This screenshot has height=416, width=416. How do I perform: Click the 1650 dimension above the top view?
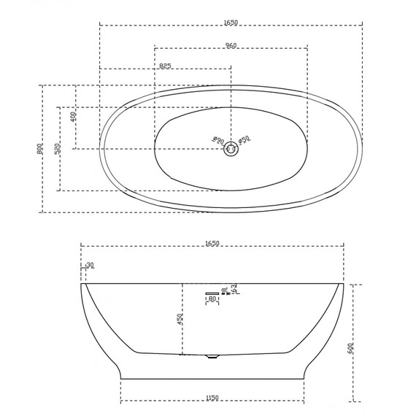coord(230,23)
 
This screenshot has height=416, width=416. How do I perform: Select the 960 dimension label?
coord(231,46)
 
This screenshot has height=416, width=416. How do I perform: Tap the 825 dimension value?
coord(165,66)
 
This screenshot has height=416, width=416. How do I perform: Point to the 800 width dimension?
coord(39,149)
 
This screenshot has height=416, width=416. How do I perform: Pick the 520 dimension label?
coord(57,149)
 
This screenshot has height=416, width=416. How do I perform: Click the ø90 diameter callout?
coord(217,138)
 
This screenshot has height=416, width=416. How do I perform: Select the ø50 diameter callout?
coord(244,139)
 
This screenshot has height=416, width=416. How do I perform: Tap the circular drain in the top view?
coord(231,148)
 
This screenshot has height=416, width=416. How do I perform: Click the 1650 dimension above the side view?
coord(212,242)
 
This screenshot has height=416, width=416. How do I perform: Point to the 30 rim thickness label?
coord(90,266)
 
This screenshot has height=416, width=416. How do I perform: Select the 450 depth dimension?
coord(180,319)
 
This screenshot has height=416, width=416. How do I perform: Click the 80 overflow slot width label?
coord(212,299)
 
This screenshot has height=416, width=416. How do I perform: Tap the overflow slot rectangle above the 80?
coord(212,292)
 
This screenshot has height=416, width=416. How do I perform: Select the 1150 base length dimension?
coord(212,398)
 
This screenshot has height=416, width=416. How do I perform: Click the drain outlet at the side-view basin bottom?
coord(212,357)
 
